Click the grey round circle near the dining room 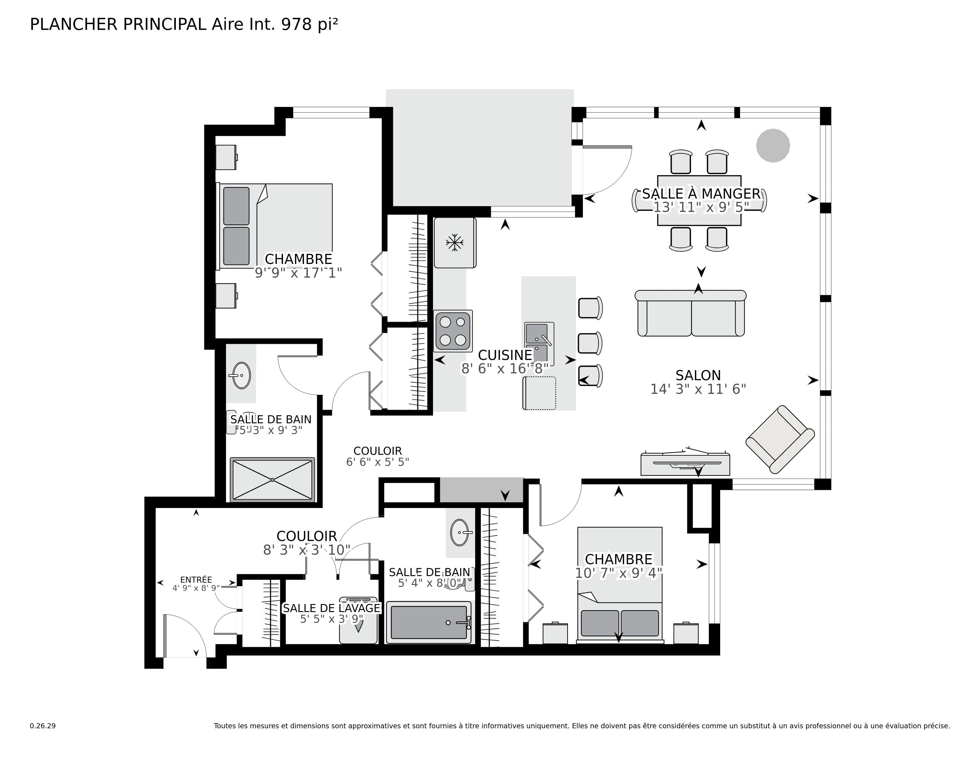[773, 145]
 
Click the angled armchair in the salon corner [780, 440]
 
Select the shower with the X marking [272, 479]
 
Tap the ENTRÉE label [196, 580]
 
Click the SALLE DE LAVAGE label [332, 608]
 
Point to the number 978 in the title [296, 25]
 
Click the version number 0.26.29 [43, 726]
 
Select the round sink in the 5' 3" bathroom [241, 375]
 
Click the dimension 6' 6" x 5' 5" [377, 462]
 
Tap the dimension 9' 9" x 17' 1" [298, 273]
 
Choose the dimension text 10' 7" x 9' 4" [618, 573]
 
